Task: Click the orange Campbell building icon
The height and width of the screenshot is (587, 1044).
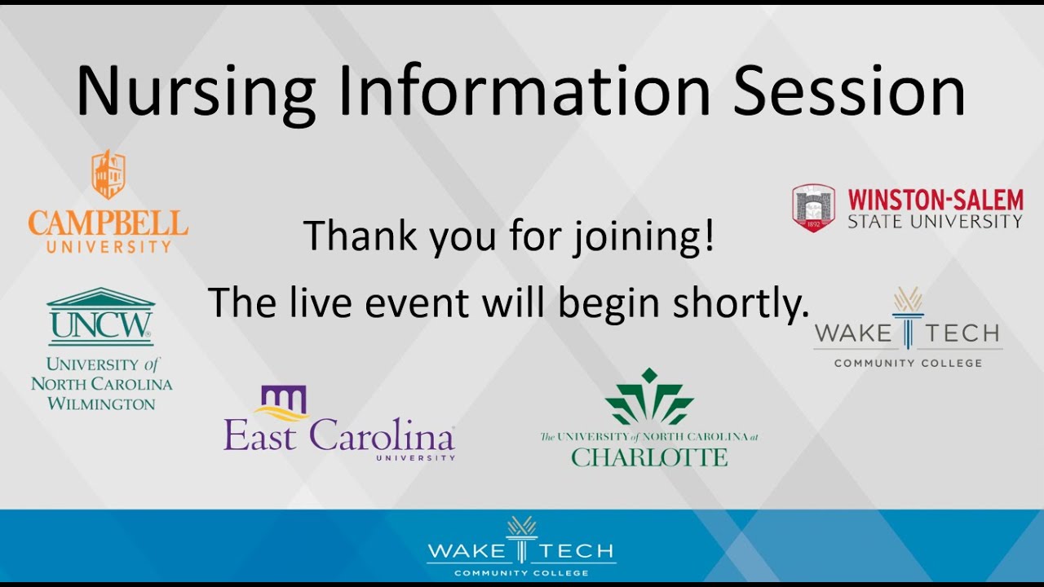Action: coord(108,174)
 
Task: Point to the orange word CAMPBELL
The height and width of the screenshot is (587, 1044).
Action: coord(108,222)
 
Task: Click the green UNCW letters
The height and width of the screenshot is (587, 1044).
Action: coord(100,325)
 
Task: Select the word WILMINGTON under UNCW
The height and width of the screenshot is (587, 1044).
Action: coord(101,404)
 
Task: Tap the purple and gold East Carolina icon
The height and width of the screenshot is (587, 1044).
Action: coord(282,402)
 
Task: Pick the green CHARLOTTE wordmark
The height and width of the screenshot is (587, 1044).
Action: coord(649,457)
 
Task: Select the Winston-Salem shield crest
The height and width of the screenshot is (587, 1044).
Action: coord(813,207)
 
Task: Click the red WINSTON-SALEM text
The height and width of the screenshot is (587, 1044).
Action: coord(935,200)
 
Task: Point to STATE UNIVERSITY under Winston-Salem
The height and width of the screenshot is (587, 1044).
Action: coord(935,221)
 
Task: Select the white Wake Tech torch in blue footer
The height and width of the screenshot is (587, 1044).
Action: coord(521,538)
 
